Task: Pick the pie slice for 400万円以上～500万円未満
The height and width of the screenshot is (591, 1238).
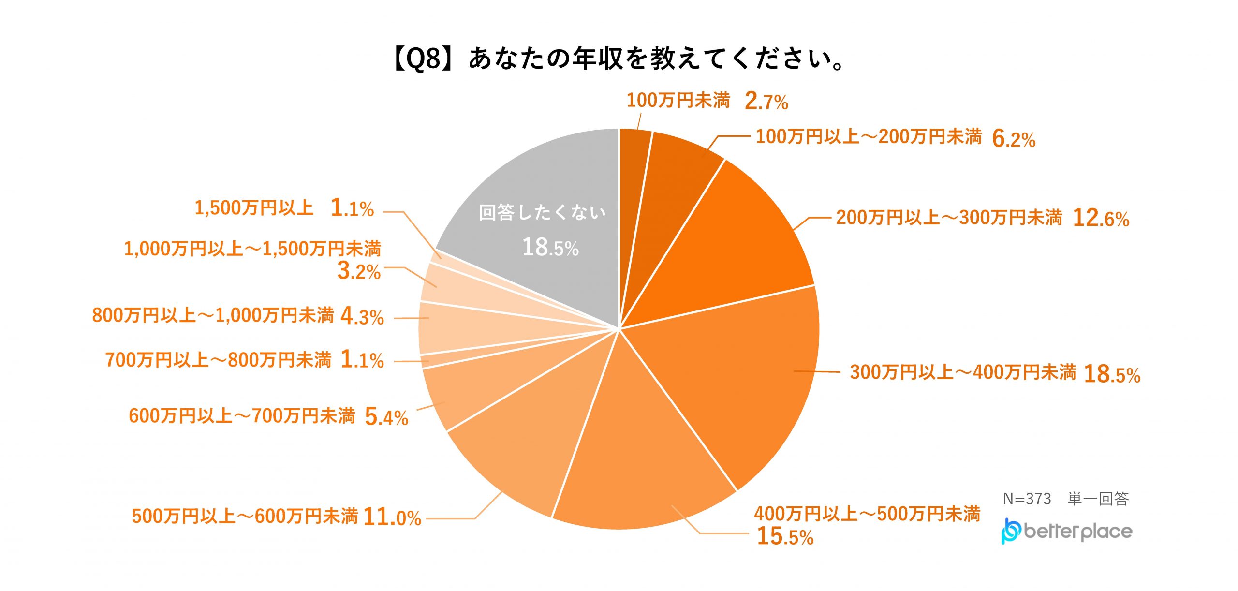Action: (x=643, y=459)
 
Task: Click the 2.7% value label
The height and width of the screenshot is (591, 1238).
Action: (x=766, y=102)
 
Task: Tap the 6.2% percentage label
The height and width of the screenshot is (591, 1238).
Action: (x=1014, y=139)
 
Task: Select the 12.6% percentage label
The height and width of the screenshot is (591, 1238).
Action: (x=1101, y=219)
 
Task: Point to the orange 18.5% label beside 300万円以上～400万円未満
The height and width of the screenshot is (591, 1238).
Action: (x=1112, y=374)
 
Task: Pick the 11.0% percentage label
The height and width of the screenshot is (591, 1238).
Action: (x=392, y=517)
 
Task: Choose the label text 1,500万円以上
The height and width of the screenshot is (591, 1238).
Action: (x=254, y=208)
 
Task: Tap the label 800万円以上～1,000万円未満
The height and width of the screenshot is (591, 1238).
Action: (x=213, y=315)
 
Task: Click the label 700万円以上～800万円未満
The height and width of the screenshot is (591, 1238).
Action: (x=218, y=360)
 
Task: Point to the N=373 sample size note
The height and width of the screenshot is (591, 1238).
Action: (x=1027, y=499)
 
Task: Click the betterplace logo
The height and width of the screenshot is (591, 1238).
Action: (x=1066, y=531)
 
